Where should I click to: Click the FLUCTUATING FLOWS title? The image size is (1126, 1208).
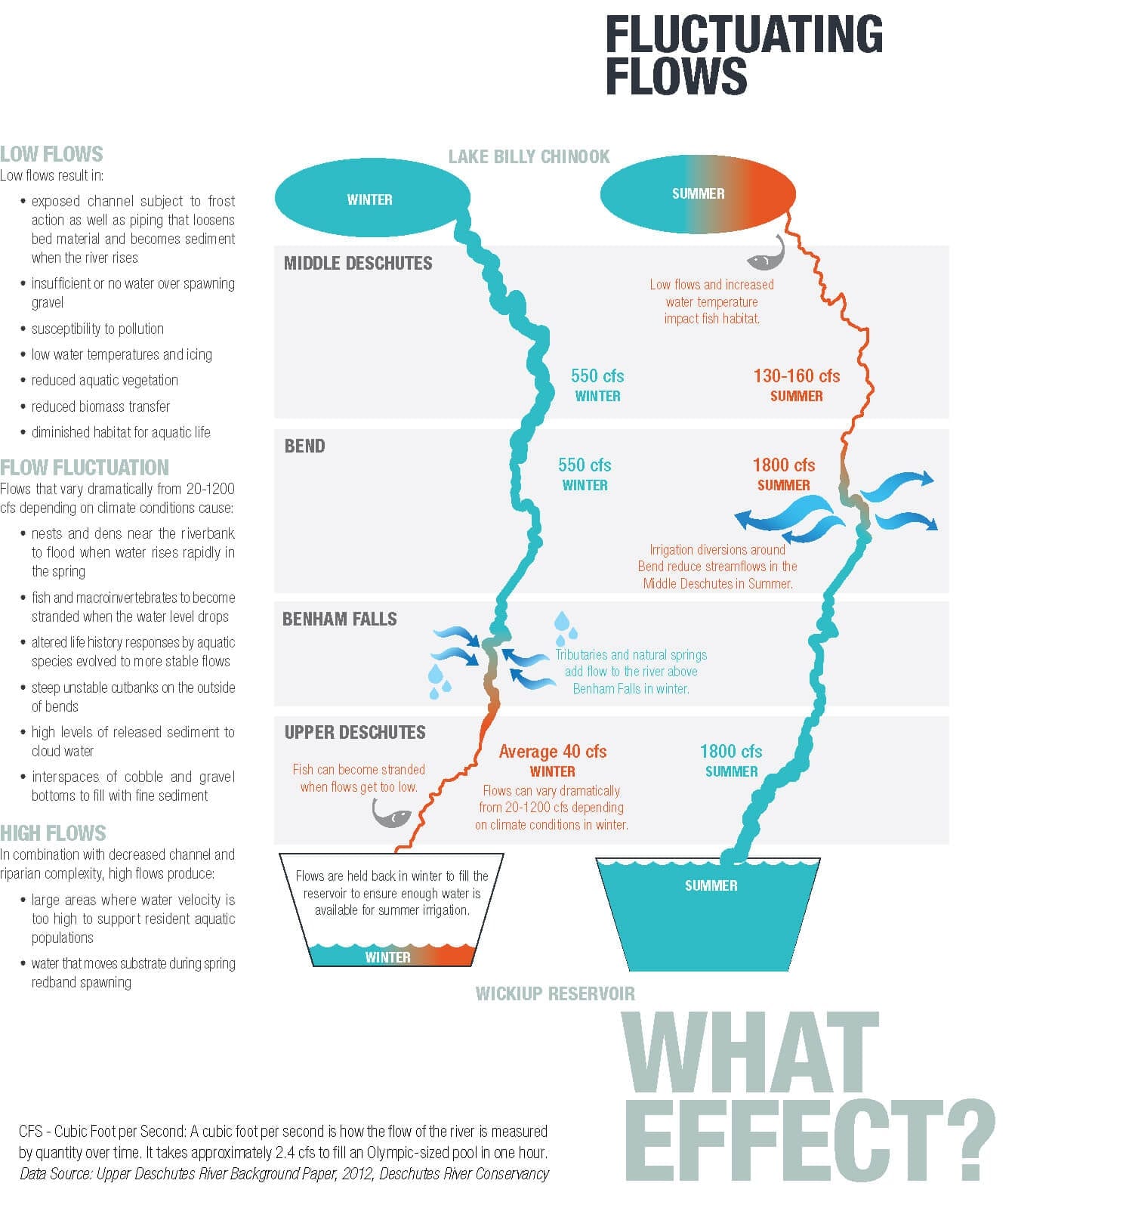[x=744, y=55]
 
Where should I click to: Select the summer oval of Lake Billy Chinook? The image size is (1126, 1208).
[x=698, y=194]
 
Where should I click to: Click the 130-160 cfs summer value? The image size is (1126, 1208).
[x=796, y=375]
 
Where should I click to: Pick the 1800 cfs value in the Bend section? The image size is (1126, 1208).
[x=784, y=465]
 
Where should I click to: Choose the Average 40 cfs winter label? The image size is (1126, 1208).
[x=553, y=752]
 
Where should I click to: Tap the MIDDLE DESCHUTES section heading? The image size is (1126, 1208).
[x=358, y=264]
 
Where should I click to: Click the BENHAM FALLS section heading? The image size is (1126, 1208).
[x=339, y=619]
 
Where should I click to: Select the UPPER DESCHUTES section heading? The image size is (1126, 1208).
[x=355, y=732]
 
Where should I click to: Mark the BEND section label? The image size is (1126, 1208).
[x=304, y=446]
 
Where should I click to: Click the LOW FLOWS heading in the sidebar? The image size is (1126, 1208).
[x=51, y=154]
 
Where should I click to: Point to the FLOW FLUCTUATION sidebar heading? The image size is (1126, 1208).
[x=85, y=467]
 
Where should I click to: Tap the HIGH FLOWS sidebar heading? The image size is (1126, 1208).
[x=53, y=833]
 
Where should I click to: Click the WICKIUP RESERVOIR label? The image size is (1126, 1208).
[x=555, y=993]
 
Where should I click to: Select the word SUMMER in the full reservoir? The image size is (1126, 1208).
[x=711, y=885]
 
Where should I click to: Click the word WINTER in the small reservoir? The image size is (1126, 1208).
[x=387, y=957]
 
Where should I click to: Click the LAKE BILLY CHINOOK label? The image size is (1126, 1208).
[x=529, y=156]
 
